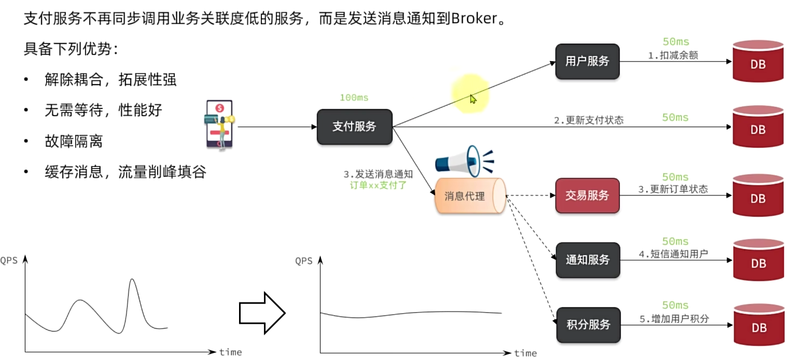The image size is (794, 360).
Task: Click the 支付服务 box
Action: [354, 127]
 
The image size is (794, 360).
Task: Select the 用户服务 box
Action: [587, 61]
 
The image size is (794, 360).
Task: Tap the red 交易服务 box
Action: [587, 196]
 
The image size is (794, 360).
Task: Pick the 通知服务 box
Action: [588, 260]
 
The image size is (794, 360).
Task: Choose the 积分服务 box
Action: [588, 325]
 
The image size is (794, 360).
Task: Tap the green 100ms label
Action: [354, 98]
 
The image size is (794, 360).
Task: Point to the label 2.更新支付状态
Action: [588, 120]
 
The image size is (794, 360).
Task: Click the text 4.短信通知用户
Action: [673, 254]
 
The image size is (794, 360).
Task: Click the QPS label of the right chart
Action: [304, 261]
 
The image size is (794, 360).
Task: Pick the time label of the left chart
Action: [230, 352]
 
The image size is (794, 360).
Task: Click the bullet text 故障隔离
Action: [74, 141]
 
